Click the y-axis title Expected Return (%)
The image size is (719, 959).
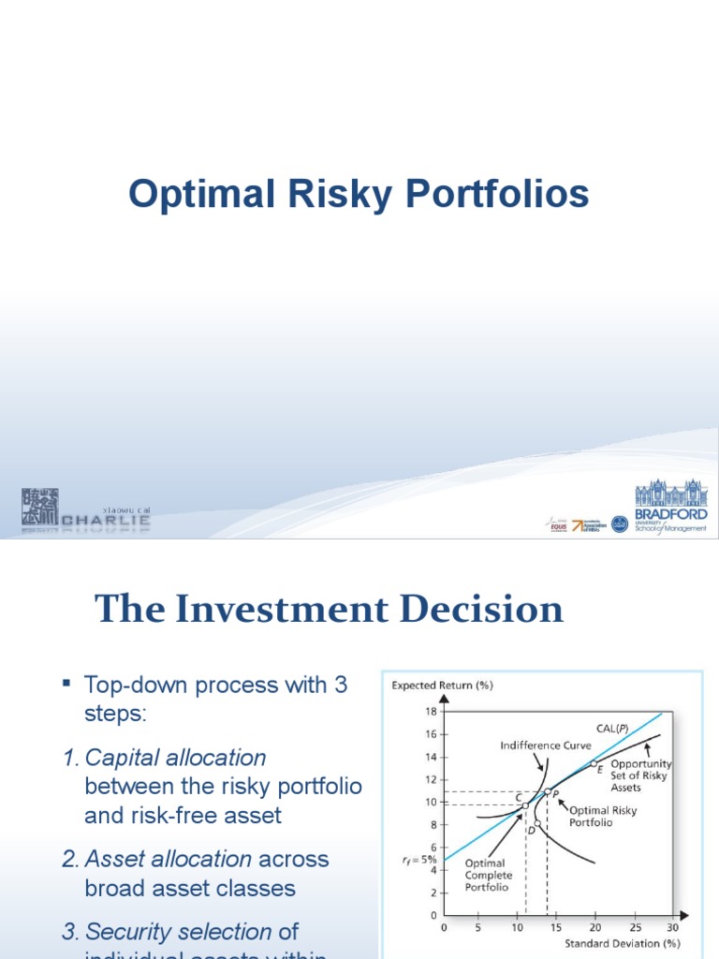pyautogui.click(x=442, y=686)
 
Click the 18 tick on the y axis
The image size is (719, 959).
pyautogui.click(x=432, y=712)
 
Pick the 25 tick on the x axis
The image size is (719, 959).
pyautogui.click(x=634, y=928)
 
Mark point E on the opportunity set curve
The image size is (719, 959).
pyautogui.click(x=594, y=763)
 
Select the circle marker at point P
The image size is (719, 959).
pyautogui.click(x=548, y=791)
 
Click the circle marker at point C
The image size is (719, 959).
pyautogui.click(x=525, y=804)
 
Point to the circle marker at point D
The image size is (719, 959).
pyautogui.click(x=537, y=823)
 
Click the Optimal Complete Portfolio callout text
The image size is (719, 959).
pyautogui.click(x=489, y=875)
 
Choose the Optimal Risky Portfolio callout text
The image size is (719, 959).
pyautogui.click(x=604, y=816)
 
